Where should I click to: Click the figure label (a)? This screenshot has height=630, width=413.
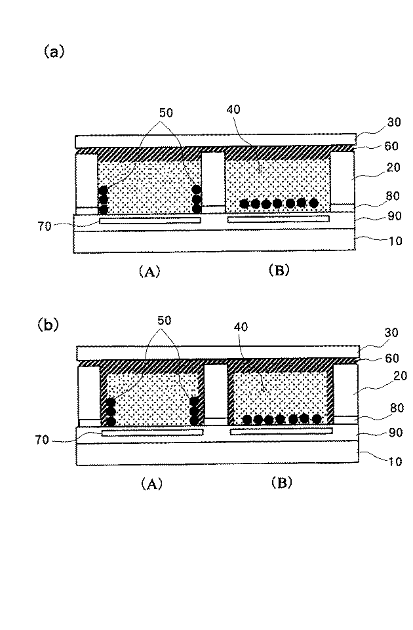coord(54,52)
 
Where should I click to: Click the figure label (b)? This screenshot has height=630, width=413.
coord(49,325)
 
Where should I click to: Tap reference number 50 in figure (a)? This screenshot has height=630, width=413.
coord(166,113)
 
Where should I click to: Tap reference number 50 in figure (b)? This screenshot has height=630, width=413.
coord(164,321)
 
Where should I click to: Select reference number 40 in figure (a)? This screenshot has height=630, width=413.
coord(233,109)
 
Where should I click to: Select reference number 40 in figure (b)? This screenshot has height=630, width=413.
coord(241,326)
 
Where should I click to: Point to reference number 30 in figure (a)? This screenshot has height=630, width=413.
coord(394,122)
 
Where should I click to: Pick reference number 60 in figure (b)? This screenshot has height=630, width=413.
coord(392,358)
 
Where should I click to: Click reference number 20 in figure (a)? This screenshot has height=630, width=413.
coord(393,167)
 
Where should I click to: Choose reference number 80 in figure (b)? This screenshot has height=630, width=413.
coord(397,408)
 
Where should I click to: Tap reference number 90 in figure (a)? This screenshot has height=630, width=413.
coord(395,216)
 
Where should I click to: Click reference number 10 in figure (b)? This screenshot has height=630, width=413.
coord(395,462)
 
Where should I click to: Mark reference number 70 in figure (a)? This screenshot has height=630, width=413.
coord(45,227)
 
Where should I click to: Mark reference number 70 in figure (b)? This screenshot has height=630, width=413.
coord(42,440)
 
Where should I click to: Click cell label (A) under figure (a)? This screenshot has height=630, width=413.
coord(149,272)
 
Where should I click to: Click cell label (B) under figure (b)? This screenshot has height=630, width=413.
coord(282,482)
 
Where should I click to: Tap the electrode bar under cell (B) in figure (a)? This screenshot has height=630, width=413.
coord(279,219)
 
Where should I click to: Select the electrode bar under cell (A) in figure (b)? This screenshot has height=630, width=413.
coord(152,432)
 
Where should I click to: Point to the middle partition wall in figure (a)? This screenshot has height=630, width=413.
coord(213,179)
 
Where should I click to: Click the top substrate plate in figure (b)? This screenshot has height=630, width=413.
coord(218,352)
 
